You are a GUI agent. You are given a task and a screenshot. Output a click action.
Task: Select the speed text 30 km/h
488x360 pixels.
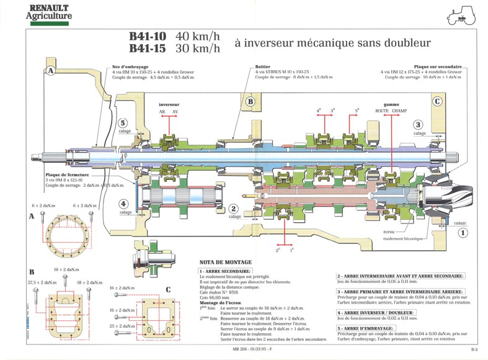point(197,48)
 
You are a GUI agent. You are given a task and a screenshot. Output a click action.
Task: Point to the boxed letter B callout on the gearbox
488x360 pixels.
point(250,101)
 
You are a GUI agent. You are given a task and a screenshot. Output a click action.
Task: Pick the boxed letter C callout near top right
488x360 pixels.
point(437,101)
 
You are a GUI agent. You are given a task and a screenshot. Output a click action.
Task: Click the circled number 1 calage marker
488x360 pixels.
point(461,233)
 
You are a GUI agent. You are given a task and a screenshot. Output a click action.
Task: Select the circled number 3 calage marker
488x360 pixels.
point(419,124)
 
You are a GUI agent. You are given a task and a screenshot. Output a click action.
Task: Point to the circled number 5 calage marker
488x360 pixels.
point(123,123)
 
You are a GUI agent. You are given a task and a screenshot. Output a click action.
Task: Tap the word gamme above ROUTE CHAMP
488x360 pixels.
point(391,104)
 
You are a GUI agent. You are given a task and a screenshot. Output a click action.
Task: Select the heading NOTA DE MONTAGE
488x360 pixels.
point(224,263)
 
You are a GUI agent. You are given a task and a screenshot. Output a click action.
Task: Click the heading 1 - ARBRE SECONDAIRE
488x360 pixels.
point(225,271)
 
